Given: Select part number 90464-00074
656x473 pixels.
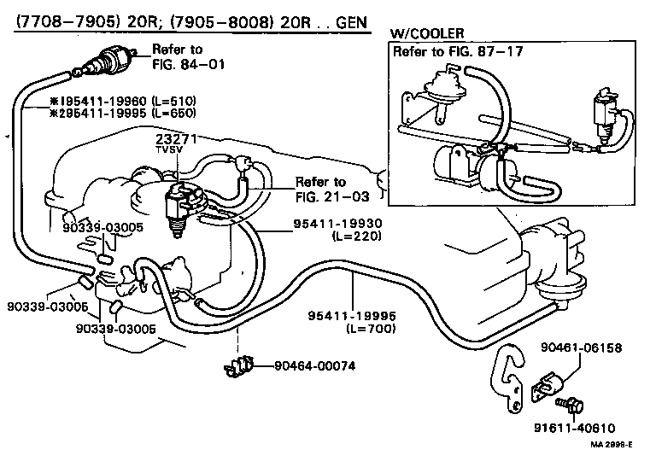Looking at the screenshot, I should click(314, 366).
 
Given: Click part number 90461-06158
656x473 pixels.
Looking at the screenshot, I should click(581, 348).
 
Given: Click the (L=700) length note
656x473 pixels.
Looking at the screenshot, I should click(366, 328).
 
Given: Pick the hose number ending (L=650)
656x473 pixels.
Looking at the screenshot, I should click(111, 113).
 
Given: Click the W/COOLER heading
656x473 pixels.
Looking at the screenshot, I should click(427, 33).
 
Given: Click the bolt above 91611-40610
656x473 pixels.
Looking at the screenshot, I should click(565, 401).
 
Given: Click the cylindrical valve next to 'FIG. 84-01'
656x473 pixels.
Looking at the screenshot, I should click(109, 59).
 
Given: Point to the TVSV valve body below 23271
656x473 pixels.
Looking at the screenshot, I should click(179, 205).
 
